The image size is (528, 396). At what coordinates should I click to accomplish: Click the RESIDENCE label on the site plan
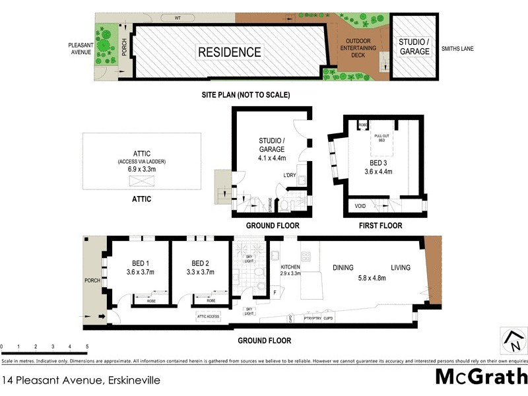[230, 52]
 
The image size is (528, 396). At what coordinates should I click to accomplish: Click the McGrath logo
[481, 378]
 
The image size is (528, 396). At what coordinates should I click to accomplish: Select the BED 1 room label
[140, 262]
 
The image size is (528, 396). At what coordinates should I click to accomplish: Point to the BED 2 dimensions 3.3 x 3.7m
[201, 271]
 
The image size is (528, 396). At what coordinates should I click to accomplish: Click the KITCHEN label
[290, 267]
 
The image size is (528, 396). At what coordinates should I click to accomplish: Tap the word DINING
[343, 267]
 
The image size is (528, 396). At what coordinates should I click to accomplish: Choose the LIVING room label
[400, 267]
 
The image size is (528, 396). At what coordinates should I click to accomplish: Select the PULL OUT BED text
[381, 137]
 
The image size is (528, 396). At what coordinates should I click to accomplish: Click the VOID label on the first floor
[360, 206]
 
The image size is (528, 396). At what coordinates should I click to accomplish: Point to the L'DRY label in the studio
[289, 175]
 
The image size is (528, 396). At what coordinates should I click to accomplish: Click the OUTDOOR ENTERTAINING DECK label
[357, 48]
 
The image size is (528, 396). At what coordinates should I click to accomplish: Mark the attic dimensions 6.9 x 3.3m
[142, 169]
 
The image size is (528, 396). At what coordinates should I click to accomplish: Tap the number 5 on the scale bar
[87, 346]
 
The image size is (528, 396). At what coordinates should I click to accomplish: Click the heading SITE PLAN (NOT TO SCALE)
[246, 95]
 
